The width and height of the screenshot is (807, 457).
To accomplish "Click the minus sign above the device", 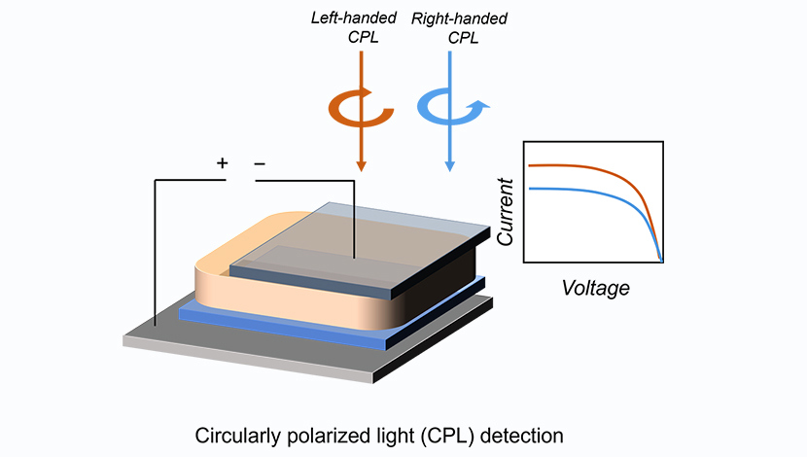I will pyautogui.click(x=260, y=163).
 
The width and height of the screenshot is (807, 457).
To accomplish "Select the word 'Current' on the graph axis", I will pyautogui.click(x=505, y=210).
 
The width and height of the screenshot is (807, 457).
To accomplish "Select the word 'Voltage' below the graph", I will pyautogui.click(x=595, y=288).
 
